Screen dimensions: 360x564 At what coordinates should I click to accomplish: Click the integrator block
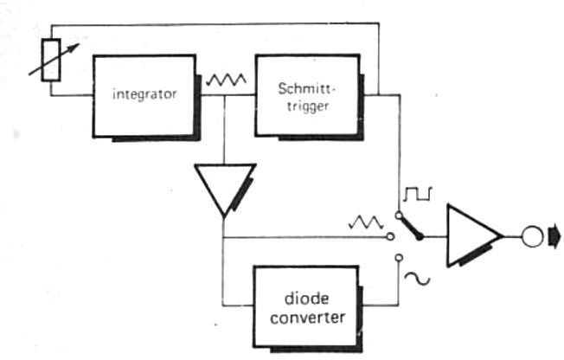tap(144, 94)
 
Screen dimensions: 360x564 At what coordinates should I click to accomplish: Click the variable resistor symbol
tap(51, 60)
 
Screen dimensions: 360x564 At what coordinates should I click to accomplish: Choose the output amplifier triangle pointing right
tap(472, 235)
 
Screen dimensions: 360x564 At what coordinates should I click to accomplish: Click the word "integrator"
tap(144, 94)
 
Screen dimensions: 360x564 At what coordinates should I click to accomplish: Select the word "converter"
tap(309, 317)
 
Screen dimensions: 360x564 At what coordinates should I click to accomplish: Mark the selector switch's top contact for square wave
tap(398, 213)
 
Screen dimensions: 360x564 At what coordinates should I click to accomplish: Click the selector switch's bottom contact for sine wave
tap(398, 257)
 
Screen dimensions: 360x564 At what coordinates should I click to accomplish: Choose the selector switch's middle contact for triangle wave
tap(391, 235)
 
